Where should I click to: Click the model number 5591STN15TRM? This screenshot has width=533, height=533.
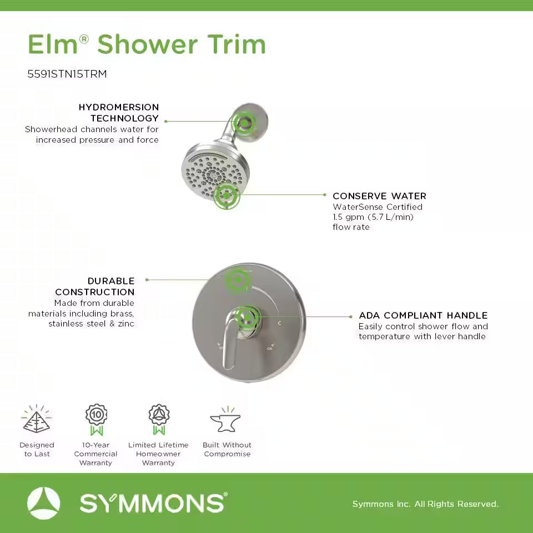tap(67, 73)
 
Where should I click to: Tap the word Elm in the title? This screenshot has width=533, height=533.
tap(54, 45)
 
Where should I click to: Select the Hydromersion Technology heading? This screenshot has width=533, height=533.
tap(119, 113)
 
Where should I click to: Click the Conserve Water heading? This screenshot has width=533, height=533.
tap(379, 196)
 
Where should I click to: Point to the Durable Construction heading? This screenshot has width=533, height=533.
tap(95, 286)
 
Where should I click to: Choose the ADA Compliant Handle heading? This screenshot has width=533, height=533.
tap(423, 315)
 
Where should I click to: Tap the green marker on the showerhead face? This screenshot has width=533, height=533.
tap(227, 195)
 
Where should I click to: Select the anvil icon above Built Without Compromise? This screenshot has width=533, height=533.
tap(225, 421)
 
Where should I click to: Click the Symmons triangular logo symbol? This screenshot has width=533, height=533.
tap(43, 503)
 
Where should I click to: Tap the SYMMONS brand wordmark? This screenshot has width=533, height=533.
tap(153, 504)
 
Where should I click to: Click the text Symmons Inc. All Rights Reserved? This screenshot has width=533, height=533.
tap(425, 504)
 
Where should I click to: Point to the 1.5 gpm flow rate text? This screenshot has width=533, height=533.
tap(373, 217)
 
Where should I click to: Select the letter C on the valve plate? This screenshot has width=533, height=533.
tap(279, 323)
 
